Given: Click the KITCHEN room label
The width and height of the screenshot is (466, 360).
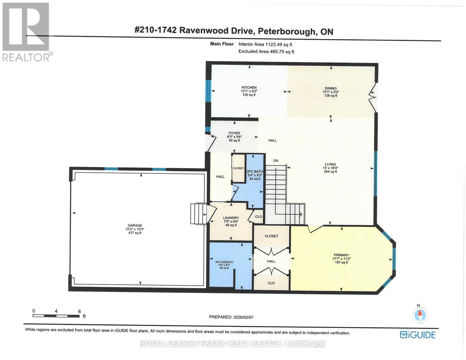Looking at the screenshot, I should click(249, 88).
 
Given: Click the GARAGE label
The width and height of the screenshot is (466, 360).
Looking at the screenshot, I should click(135, 226).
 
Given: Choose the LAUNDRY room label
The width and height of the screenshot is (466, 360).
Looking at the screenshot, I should click(231, 218).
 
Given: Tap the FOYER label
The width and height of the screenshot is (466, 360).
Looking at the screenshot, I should click(234, 133).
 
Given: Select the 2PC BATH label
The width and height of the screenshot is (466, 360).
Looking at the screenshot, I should click(255, 172).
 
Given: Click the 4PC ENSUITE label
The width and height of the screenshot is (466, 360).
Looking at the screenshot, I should click(224, 262).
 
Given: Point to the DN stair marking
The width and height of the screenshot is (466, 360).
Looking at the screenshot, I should click(275, 161).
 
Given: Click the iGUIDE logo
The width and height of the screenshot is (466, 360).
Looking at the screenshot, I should click(417, 335).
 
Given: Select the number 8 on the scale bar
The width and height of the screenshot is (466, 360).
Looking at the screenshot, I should click(79, 311).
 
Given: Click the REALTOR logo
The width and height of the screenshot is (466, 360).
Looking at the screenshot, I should click(26, 31).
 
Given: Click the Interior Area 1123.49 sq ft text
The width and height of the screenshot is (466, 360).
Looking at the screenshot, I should click(265, 44).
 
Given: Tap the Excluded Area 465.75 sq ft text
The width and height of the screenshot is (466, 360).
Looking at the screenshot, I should click(266, 52).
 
